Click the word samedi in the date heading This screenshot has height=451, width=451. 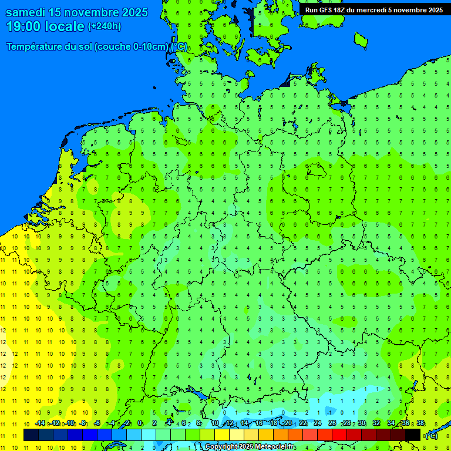(27, 12)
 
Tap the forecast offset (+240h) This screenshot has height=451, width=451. (105, 26)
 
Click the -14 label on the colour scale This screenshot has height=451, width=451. (39, 423)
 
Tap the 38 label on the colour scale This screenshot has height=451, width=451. (420, 423)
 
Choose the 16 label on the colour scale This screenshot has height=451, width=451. (259, 423)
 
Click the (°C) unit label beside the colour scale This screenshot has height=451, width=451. (432, 436)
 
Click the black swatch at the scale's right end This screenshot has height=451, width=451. (413, 435)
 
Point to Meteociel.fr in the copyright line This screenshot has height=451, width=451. (275, 447)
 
